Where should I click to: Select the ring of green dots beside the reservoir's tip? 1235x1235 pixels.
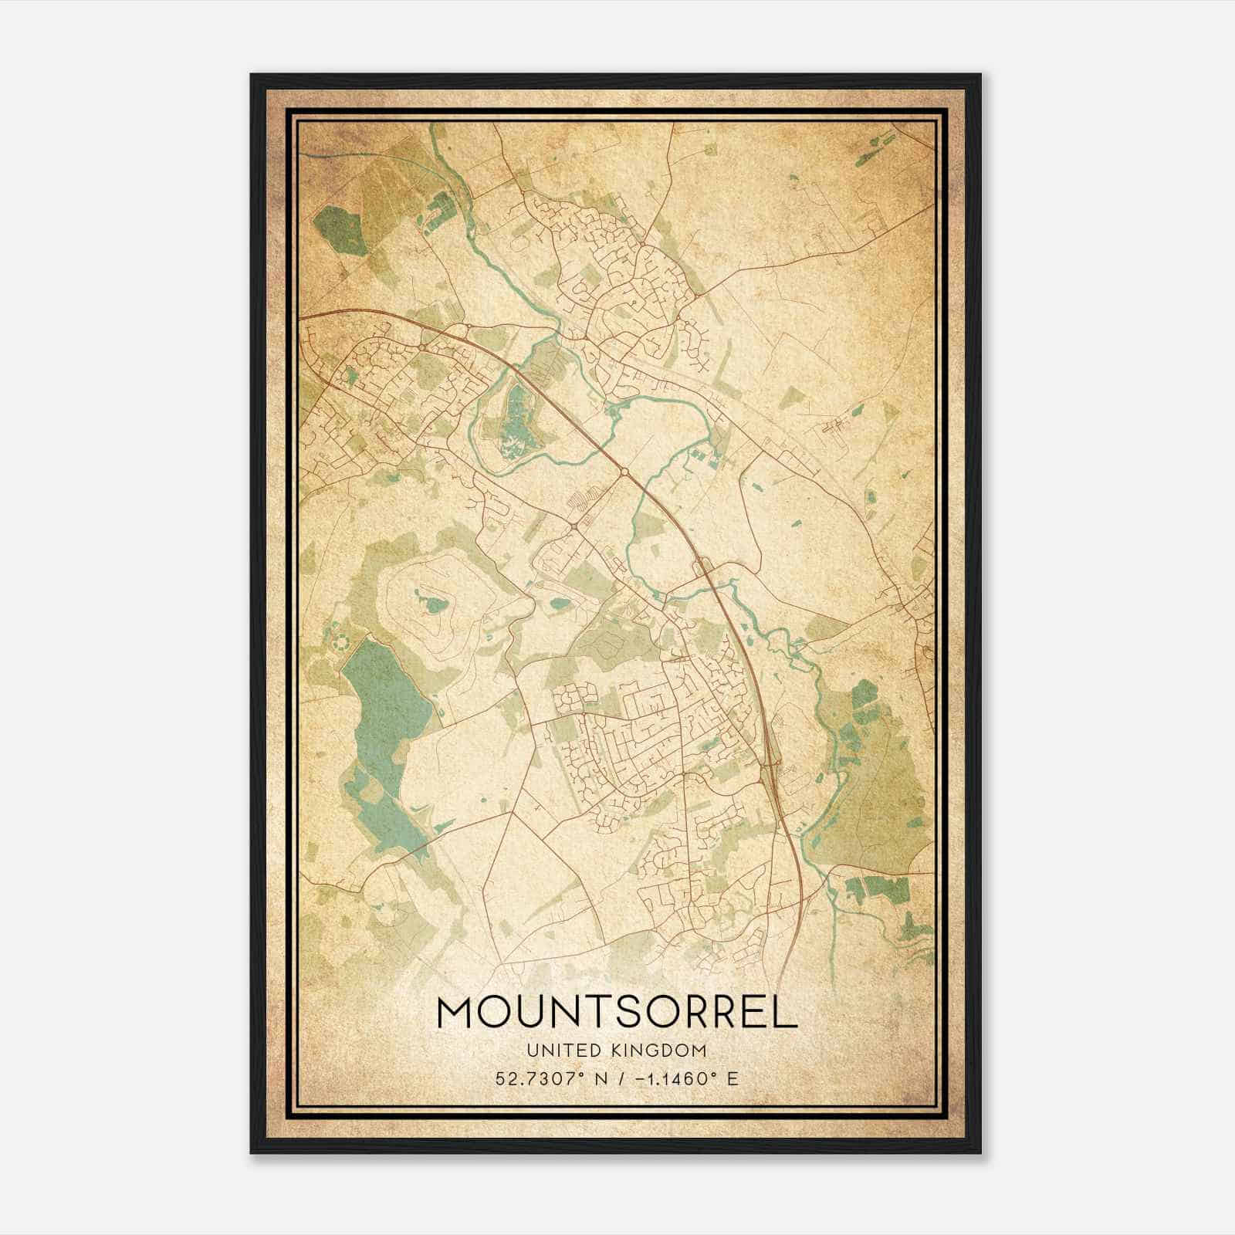[x=340, y=640]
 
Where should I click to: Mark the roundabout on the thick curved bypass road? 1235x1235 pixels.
[x=624, y=470]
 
